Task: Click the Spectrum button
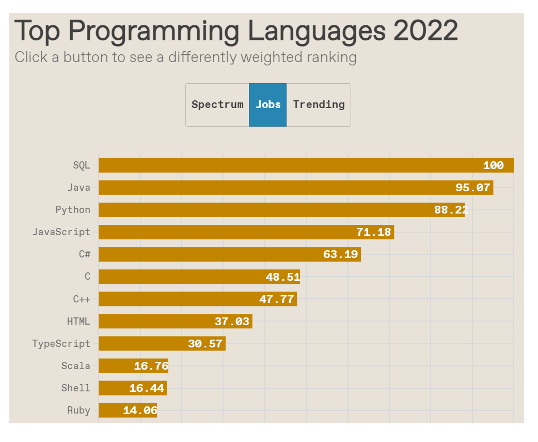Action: tap(217, 104)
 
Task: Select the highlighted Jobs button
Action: tap(268, 104)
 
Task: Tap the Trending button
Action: tap(319, 104)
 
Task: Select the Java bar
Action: tap(274, 188)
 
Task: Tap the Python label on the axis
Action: tap(73, 210)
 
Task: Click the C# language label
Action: tap(85, 254)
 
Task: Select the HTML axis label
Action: tap(78, 322)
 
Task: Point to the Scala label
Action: tap(76, 366)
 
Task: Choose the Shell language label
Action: tap(76, 388)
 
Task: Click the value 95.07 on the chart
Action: tap(472, 188)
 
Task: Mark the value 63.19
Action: tap(340, 254)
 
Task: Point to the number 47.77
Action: tap(277, 299)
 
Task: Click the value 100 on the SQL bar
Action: tap(493, 165)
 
